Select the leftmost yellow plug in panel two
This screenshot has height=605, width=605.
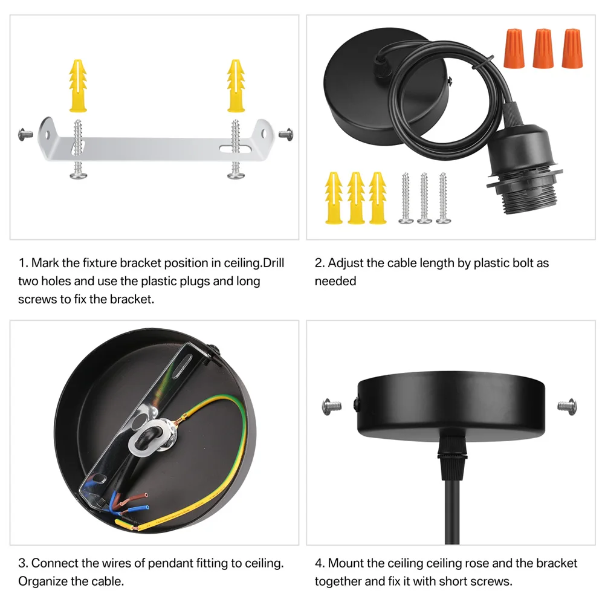pyautogui.click(x=334, y=198)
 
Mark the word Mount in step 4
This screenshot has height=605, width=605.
pyautogui.click(x=346, y=563)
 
